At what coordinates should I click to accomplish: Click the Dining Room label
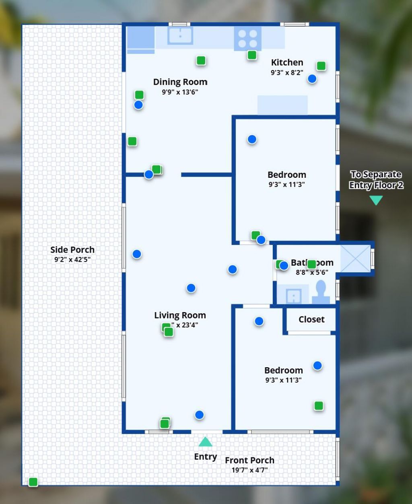pos(180,82)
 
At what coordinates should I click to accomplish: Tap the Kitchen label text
pos(287,62)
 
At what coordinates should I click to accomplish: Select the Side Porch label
pos(72,250)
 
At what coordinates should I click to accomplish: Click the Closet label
pos(311,319)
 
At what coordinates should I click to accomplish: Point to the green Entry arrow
pos(205,442)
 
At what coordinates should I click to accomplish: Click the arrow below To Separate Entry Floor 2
pos(376,200)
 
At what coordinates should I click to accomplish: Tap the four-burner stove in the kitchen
pos(247,39)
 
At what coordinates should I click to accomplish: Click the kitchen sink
pos(180,35)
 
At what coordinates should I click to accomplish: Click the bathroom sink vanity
pos(294,296)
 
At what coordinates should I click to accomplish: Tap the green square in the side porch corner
pos(33,481)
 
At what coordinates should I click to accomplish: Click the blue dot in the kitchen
pos(312,79)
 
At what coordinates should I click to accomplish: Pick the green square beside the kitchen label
pos(321,66)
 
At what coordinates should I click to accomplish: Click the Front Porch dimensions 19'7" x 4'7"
pos(249,470)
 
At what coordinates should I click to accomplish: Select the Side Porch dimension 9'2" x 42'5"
pos(72,259)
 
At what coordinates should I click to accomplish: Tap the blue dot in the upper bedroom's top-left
pos(252,139)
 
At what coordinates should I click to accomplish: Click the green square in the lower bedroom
pos(319,406)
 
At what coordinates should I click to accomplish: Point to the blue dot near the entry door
pos(199,415)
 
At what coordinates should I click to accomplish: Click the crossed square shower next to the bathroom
pos(355,259)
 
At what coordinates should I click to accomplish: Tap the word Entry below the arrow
pos(205,457)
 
